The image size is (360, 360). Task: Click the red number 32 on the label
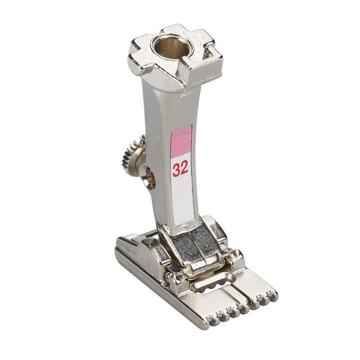[180, 169]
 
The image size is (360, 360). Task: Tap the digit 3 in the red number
[176, 170]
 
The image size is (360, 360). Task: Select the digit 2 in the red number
[184, 168]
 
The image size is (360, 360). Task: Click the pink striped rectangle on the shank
[182, 142]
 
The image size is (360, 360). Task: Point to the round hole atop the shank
[172, 47]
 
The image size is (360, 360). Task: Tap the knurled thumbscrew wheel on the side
[132, 156]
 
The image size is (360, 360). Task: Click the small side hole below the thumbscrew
[148, 178]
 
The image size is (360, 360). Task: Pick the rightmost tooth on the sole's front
[273, 296]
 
